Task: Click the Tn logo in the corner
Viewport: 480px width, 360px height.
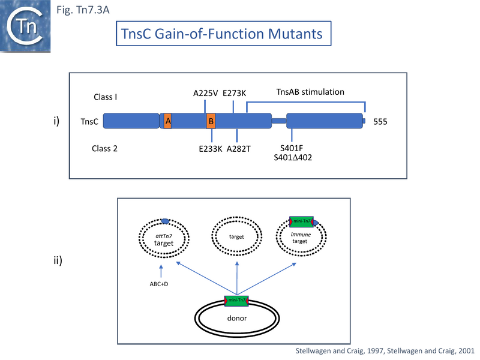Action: point(24,25)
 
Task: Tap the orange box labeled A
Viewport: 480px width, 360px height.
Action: point(167,121)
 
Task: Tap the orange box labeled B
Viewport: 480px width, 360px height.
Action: point(211,121)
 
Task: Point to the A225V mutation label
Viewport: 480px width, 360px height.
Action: point(205,93)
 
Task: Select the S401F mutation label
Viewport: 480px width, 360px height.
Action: point(292,148)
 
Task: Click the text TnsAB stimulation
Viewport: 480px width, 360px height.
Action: point(310,92)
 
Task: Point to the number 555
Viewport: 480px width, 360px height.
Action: point(380,122)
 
